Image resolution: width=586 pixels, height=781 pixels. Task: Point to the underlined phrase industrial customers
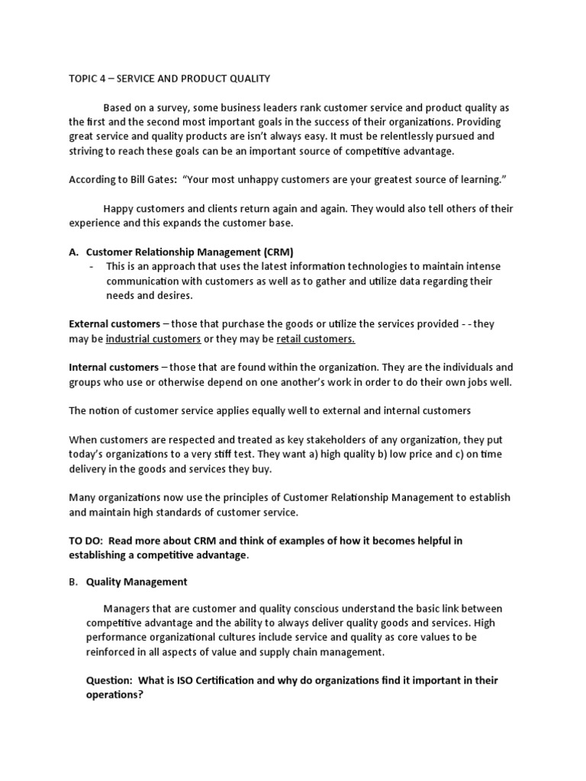tap(153, 339)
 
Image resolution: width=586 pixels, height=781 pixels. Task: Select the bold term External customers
tap(114, 324)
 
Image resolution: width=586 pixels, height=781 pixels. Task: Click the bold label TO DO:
tap(86, 540)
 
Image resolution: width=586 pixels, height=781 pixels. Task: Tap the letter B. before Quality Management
tap(74, 582)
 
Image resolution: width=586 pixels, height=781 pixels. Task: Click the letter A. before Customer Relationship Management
tap(74, 252)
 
